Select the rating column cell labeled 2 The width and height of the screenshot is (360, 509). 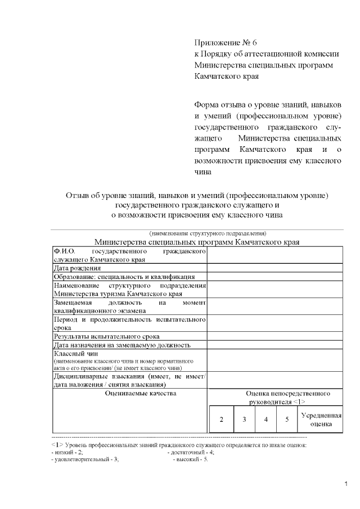point(222,420)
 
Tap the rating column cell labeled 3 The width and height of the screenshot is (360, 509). point(244,420)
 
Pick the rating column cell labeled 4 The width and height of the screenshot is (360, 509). point(265,420)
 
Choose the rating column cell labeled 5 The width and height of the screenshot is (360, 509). point(287,420)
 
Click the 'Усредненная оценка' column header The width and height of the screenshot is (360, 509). point(321,420)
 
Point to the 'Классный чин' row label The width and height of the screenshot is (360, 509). point(75,353)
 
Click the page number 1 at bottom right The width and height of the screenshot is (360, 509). point(346,484)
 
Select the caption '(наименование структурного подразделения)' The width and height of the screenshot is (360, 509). point(207,233)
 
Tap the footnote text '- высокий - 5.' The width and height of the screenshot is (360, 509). point(190,459)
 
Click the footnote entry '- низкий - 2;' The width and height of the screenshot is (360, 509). point(67,452)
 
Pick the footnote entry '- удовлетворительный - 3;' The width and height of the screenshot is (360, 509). point(84,459)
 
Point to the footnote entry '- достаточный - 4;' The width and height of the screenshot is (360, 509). point(191,452)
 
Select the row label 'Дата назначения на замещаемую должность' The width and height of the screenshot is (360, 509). point(121,344)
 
